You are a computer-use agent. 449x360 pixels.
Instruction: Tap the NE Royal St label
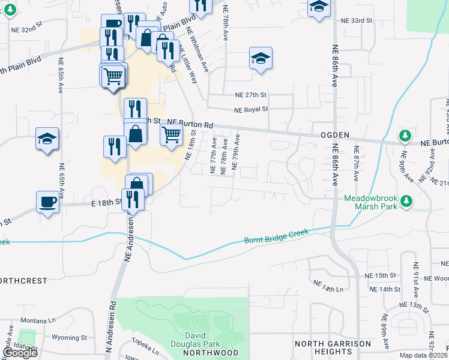(252, 109)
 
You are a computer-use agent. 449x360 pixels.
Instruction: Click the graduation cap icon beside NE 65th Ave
(47, 139)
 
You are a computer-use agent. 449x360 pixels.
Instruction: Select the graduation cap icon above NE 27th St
(261, 58)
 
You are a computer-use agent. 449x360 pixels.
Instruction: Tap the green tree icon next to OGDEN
(406, 134)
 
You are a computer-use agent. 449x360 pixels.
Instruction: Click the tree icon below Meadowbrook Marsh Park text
(408, 200)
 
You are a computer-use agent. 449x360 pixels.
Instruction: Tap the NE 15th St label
(382, 275)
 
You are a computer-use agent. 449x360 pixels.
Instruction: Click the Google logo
(20, 353)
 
